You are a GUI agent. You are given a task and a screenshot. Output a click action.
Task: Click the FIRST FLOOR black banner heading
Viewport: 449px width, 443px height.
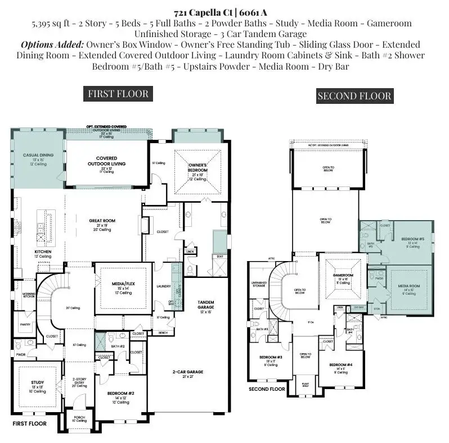118,94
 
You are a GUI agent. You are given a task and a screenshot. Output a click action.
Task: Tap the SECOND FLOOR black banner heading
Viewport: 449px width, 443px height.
354,96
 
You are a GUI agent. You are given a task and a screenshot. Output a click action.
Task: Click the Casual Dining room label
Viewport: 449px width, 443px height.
38,154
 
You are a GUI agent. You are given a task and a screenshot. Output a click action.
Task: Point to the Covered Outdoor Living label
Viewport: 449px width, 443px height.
106,161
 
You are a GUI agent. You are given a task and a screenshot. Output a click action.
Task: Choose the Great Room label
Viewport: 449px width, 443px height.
102,221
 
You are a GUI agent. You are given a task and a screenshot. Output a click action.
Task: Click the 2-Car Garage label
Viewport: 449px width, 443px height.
187,372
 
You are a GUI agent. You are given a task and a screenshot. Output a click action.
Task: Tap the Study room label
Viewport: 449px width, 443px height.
37,383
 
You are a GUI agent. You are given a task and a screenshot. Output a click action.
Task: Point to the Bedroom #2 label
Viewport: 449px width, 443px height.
123,394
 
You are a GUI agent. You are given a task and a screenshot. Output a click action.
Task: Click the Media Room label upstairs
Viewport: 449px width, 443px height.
408,286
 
